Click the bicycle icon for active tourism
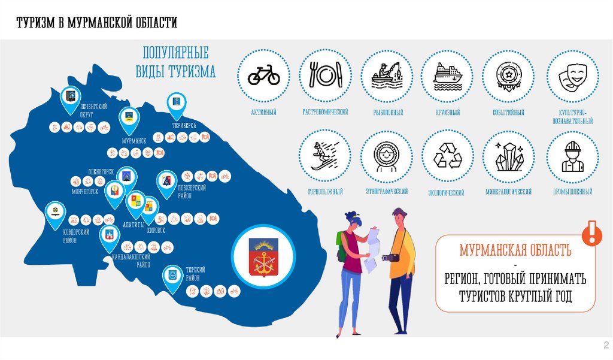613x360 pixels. coord(264,75)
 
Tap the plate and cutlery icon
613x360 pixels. coord(325,75)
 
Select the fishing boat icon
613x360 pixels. coord(386,75)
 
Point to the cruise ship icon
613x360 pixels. coord(448,75)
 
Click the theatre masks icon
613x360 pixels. coord(572,75)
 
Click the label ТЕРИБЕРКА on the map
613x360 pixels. coord(184,126)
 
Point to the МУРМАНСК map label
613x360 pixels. coord(134,140)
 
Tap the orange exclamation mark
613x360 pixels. coord(593,232)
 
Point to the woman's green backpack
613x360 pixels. coord(342,246)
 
